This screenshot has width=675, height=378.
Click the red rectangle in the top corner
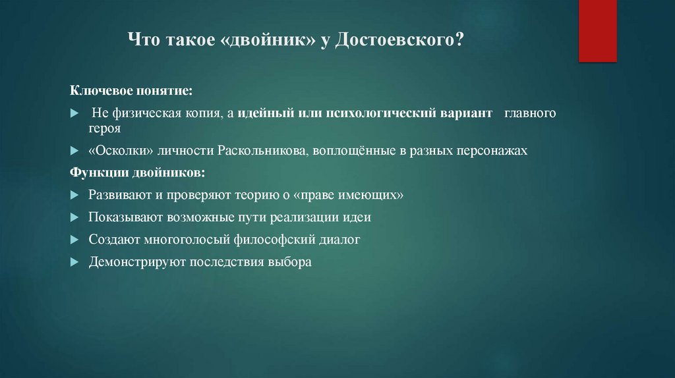(597, 30)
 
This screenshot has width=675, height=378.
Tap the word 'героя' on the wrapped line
(105, 129)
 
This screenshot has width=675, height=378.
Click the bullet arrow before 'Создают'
(74, 240)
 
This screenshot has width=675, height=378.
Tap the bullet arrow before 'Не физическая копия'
(74, 114)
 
